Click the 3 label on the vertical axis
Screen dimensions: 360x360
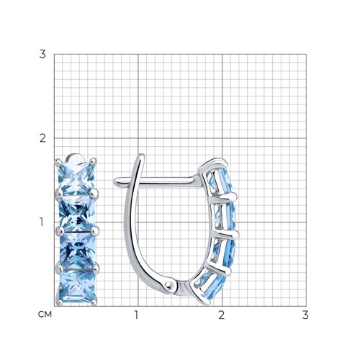point(42,54)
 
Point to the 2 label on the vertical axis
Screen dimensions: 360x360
point(42,138)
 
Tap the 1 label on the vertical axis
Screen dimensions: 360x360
point(42,222)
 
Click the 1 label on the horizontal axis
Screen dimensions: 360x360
point(136,315)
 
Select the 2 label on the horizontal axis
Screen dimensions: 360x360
point(221,315)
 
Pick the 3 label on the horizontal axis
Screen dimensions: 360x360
point(305,315)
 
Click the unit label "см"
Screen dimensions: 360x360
point(45,315)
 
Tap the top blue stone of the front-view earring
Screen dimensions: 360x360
point(76,179)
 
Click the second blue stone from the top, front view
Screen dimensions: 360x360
point(77,214)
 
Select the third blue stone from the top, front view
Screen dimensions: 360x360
point(78,251)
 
